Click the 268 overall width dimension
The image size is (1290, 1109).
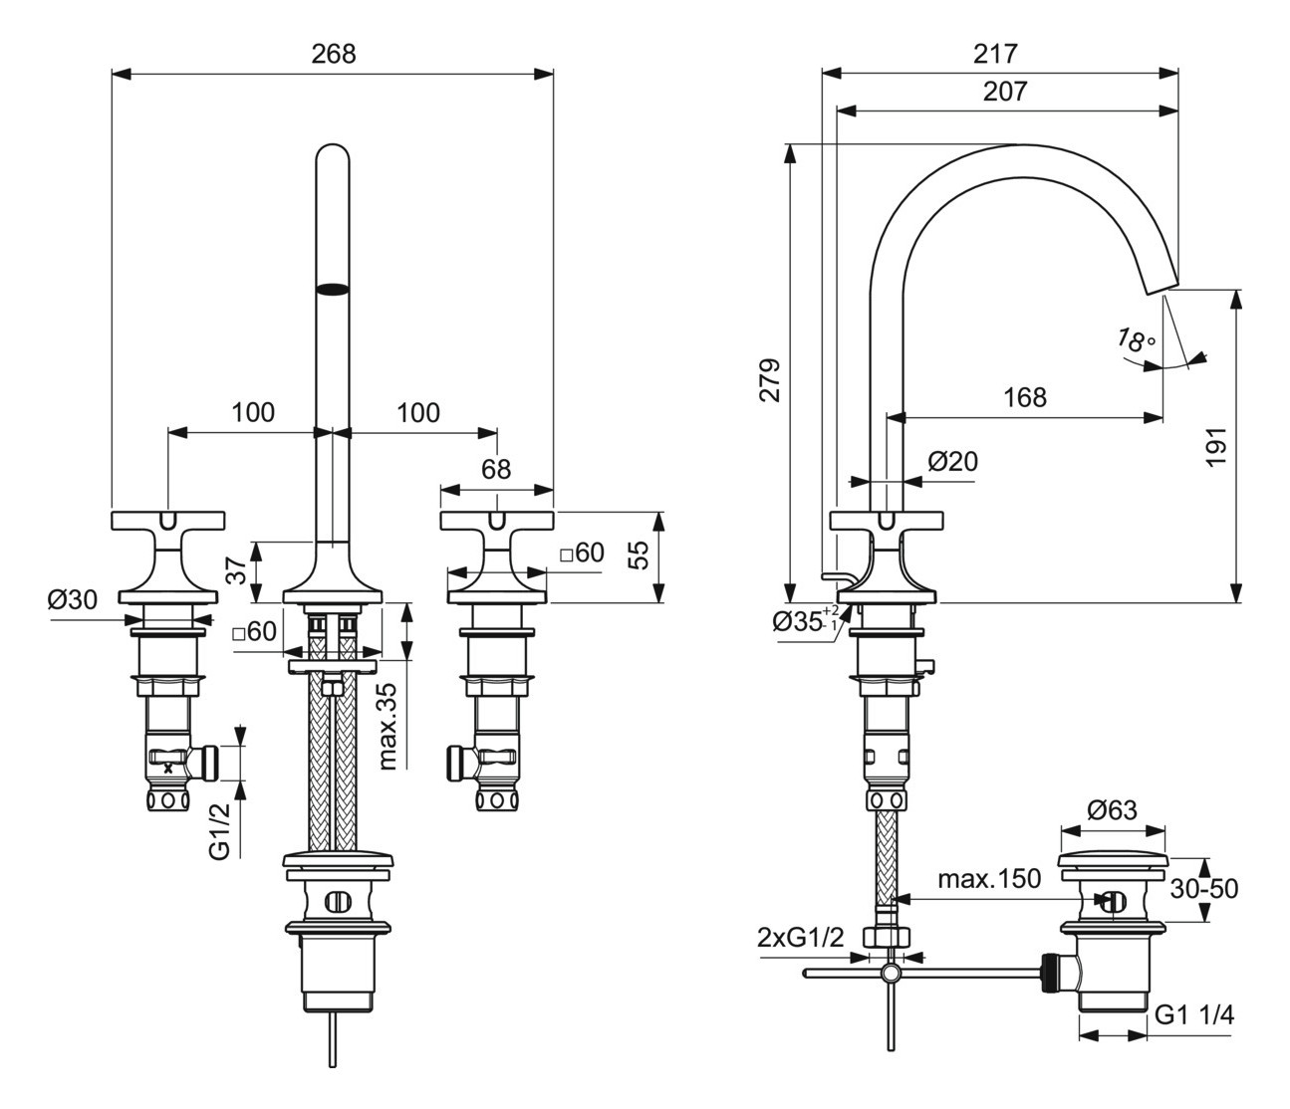[334, 54]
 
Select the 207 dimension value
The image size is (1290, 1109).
[1005, 92]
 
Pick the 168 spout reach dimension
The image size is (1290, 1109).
[1025, 397]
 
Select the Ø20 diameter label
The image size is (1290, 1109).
[953, 461]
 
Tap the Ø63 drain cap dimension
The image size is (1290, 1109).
[1112, 809]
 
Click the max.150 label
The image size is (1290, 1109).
[989, 878]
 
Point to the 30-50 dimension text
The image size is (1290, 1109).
[1203, 888]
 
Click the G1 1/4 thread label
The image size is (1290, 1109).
[1196, 1015]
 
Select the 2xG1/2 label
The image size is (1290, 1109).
[800, 937]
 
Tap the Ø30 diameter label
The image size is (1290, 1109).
[74, 599]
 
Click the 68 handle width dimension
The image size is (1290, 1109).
[496, 469]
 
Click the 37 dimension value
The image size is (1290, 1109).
[236, 570]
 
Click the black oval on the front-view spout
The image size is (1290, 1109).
[333, 290]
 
